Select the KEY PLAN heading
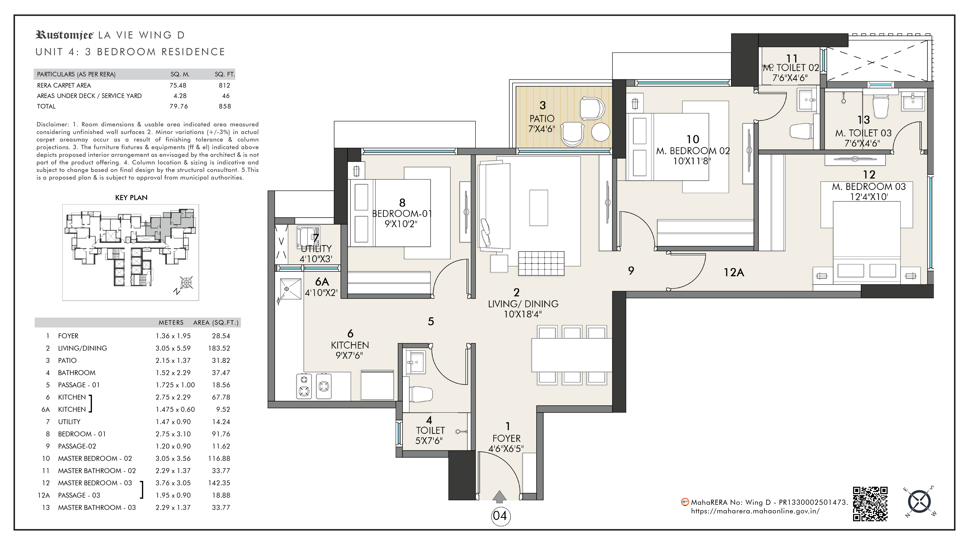click(131, 197)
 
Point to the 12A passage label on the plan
click(734, 272)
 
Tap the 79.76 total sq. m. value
click(179, 106)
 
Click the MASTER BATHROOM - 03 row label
click(97, 507)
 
